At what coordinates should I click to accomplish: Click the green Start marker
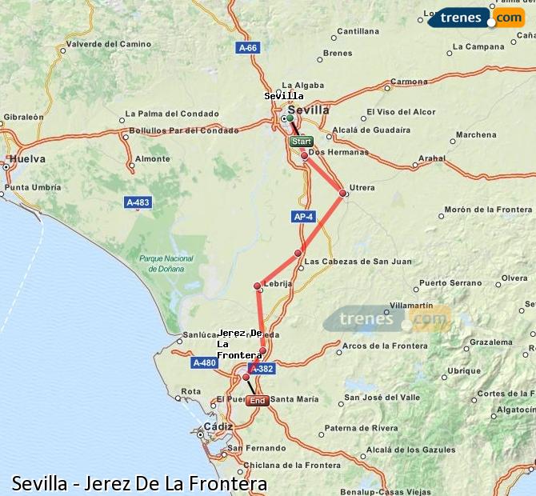point(301,142)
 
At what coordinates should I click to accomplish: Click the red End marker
point(258,400)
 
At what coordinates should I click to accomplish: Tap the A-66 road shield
point(249,48)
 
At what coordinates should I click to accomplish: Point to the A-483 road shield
point(138,202)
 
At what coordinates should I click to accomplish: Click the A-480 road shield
point(205,362)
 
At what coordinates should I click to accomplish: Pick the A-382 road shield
point(261,369)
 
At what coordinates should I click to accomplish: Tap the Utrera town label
point(362,188)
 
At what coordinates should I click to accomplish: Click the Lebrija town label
point(278,283)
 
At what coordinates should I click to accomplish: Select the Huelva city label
point(28,158)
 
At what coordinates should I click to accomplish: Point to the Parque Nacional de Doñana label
point(166,263)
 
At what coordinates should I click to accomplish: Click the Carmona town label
point(408,82)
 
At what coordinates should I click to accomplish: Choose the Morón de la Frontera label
point(488,210)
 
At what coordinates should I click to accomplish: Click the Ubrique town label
point(464,370)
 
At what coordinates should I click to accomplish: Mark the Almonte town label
point(152,158)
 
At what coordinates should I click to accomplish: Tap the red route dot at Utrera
point(342,193)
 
